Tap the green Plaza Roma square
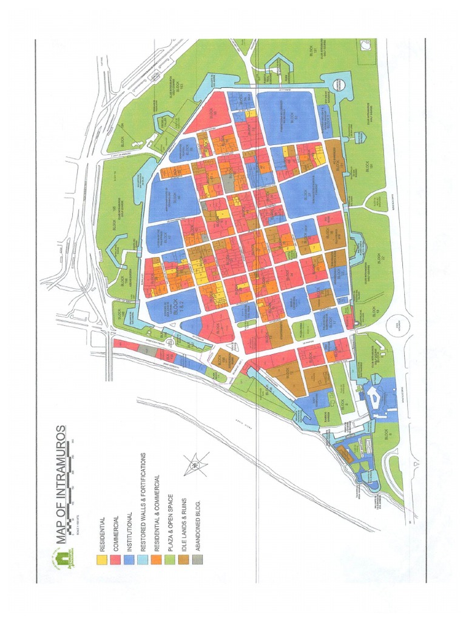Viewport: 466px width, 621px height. (x=302, y=330)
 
